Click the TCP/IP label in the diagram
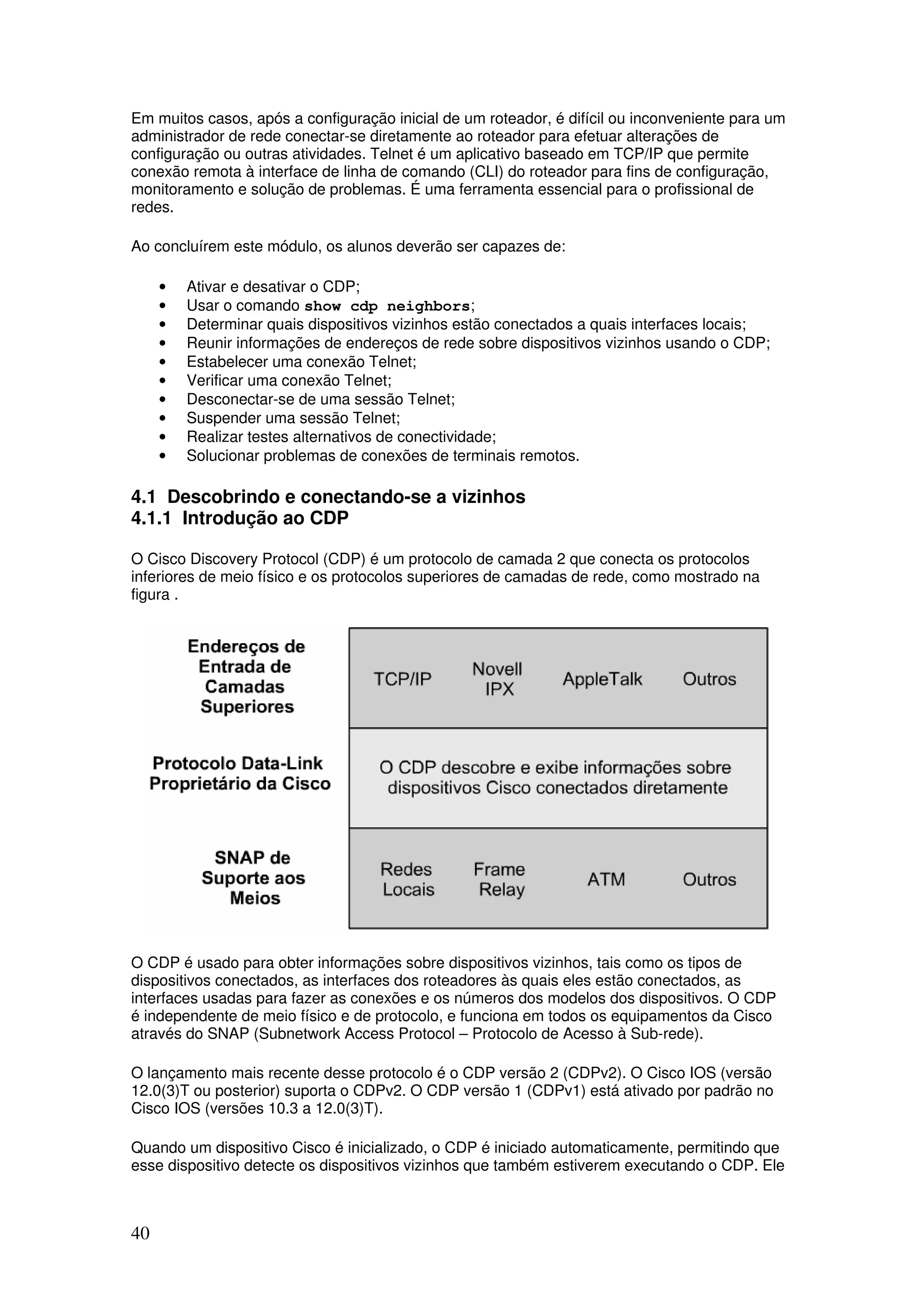(402, 679)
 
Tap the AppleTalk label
(602, 679)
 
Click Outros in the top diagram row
(709, 679)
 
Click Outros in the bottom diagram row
(709, 880)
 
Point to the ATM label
(606, 880)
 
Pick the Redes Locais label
(407, 879)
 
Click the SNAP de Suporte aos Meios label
(253, 878)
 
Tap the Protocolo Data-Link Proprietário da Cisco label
(239, 774)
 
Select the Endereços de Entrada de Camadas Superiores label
(246, 676)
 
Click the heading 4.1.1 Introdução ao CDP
(240, 518)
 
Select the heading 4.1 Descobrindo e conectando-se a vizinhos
(328, 497)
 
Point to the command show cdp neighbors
(387, 306)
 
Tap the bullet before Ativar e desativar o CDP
(163, 287)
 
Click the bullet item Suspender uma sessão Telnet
(293, 418)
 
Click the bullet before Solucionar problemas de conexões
(163, 456)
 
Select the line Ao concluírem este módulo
(347, 247)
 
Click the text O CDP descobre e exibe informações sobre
(555, 768)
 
